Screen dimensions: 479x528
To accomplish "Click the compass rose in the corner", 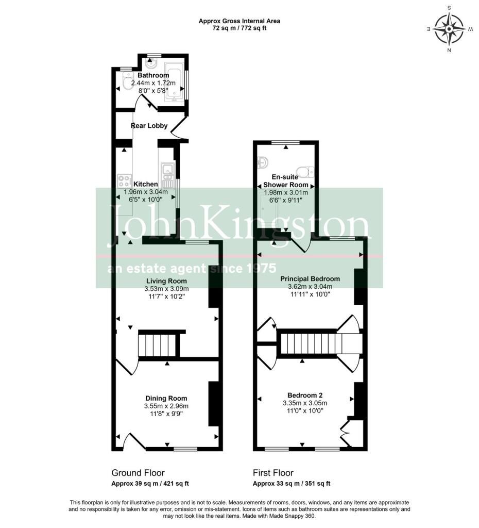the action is click(x=449, y=29).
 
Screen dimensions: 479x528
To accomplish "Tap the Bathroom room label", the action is click(x=153, y=75).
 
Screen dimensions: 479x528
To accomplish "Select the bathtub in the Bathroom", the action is click(x=174, y=82).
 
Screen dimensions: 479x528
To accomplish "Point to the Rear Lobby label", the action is click(x=149, y=126).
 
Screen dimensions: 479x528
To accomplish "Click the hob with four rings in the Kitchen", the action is click(x=124, y=180).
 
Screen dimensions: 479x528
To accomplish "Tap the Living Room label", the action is click(x=166, y=281).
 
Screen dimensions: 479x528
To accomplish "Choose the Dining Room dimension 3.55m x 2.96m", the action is click(x=166, y=406).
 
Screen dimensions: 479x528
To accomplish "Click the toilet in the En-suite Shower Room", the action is click(x=305, y=172).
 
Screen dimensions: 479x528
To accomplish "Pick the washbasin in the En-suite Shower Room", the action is click(x=263, y=162).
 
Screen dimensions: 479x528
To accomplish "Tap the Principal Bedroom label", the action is click(x=310, y=279).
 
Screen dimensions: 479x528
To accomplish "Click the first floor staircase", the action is click(x=321, y=343).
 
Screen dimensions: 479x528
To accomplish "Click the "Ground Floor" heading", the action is click(x=138, y=473).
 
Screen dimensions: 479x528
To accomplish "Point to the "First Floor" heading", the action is click(x=273, y=473).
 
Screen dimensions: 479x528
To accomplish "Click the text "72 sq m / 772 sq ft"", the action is click(x=239, y=28).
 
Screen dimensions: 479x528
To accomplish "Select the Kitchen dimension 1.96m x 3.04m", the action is click(x=146, y=192).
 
